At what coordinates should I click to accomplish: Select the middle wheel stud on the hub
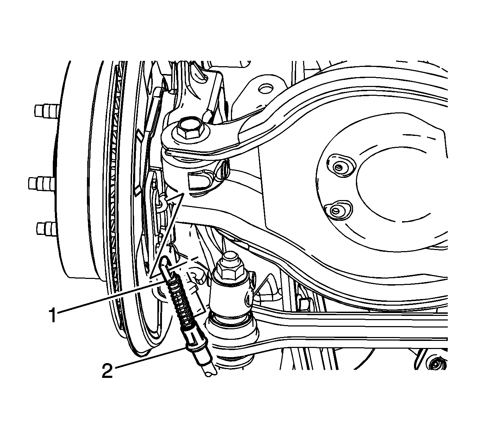[x=41, y=183]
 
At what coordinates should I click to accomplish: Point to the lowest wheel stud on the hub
[x=46, y=229]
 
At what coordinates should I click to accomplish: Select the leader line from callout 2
[x=150, y=358]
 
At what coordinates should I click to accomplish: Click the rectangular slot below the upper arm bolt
[x=198, y=181]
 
